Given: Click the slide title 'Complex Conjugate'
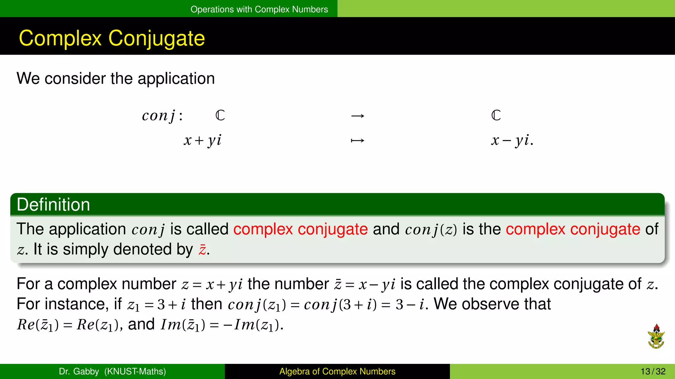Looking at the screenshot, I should [112, 38].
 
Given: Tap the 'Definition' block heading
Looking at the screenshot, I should [53, 205].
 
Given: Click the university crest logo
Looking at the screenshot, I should [656, 336].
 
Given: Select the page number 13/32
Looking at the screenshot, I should [653, 371].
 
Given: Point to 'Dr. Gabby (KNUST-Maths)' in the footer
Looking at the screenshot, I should [112, 371].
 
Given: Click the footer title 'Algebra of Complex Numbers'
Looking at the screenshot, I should [337, 371].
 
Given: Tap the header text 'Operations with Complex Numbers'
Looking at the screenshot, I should [259, 9].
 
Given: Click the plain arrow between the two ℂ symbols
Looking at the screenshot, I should [358, 116].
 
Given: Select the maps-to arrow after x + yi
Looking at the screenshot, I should [358, 141].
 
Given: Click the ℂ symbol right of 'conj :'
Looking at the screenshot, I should [220, 115].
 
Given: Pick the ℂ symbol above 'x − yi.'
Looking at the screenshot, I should [496, 115].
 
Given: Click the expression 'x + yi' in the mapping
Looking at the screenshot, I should [202, 140].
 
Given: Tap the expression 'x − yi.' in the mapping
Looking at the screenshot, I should [512, 140].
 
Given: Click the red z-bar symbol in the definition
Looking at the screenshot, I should [202, 250].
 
